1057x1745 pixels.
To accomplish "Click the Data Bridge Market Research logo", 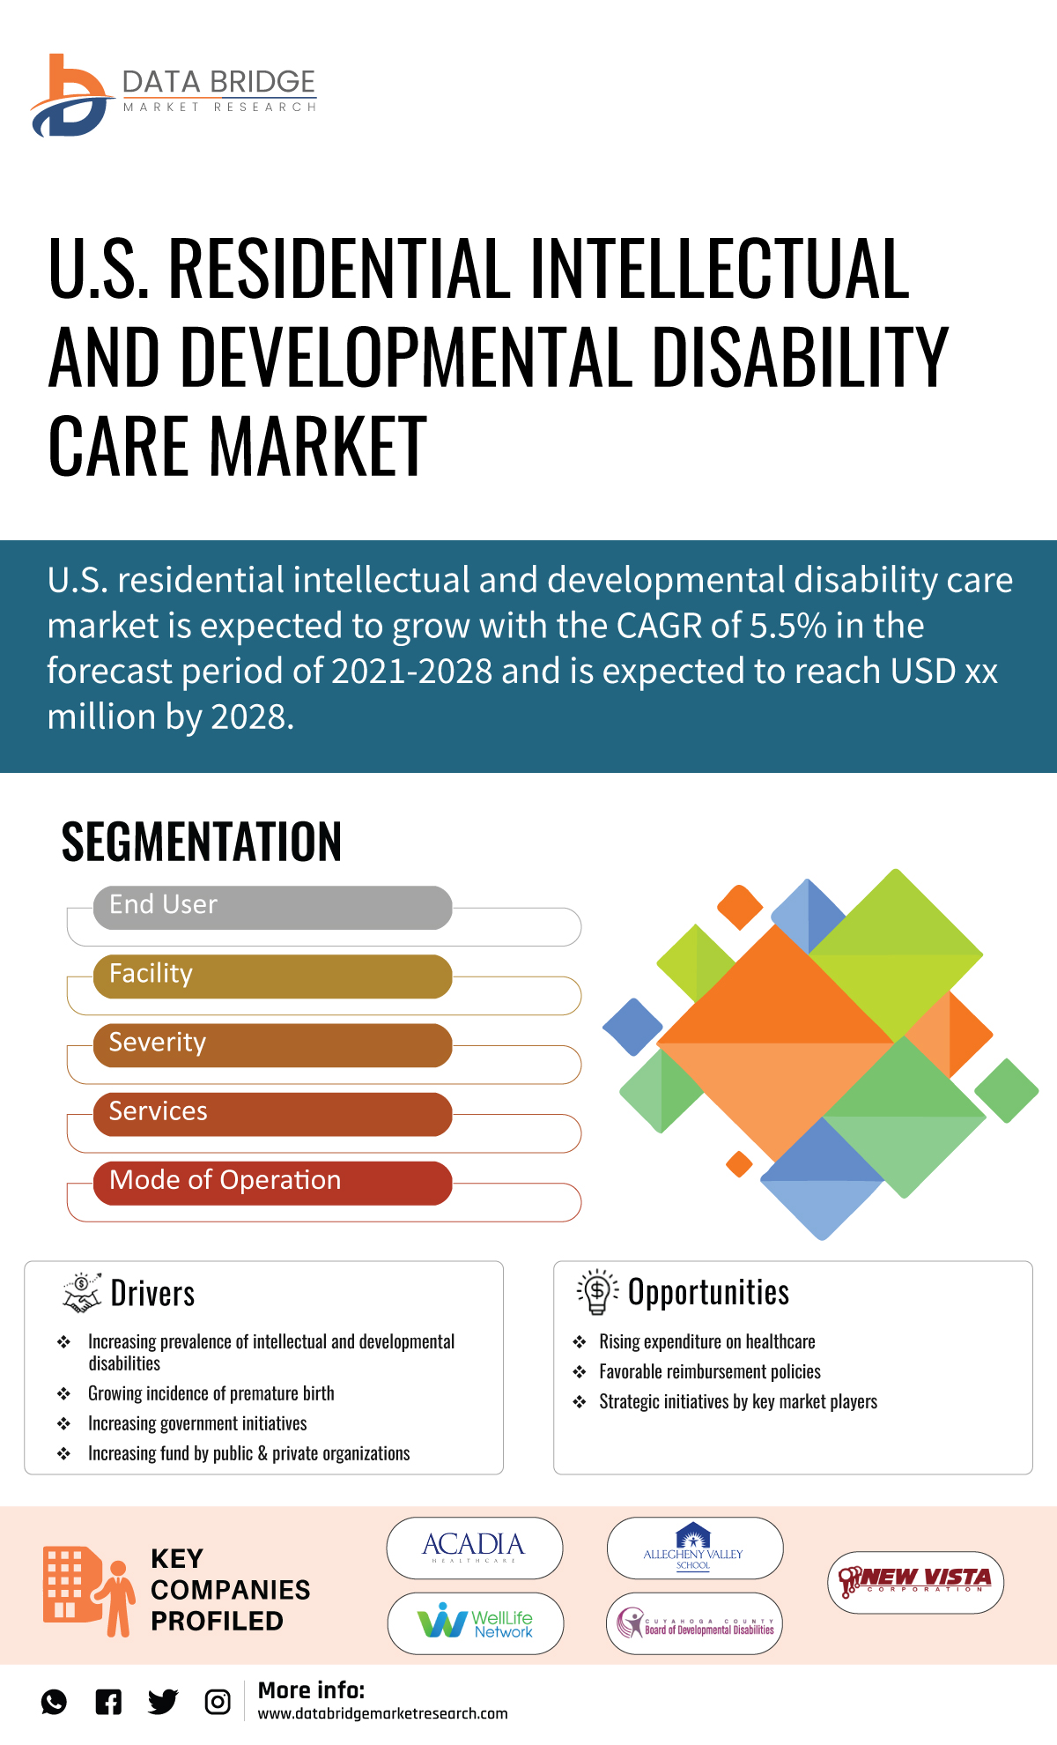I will click(x=173, y=95).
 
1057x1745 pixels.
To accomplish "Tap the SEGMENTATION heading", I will click(x=201, y=842).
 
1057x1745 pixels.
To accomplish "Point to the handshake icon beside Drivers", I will click(x=82, y=1293).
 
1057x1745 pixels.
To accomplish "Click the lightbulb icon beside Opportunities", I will click(x=597, y=1292).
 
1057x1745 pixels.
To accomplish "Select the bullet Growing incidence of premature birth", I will click(x=211, y=1393).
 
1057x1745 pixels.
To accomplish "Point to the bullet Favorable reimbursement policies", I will click(x=709, y=1371).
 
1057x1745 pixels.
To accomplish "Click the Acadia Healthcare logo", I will click(x=474, y=1548).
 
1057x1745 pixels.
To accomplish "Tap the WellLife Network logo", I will click(x=476, y=1622).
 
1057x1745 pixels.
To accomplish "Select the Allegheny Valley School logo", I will click(x=694, y=1548).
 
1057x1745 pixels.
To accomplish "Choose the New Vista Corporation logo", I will click(x=915, y=1582).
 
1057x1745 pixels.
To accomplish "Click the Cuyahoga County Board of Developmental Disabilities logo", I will click(x=694, y=1623).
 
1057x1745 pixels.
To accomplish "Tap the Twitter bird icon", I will click(x=163, y=1702).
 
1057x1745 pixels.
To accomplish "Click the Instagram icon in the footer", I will click(x=218, y=1702).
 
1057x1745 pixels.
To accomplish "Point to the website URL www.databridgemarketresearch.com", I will click(x=382, y=1713).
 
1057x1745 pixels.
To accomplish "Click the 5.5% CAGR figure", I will click(x=787, y=626).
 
